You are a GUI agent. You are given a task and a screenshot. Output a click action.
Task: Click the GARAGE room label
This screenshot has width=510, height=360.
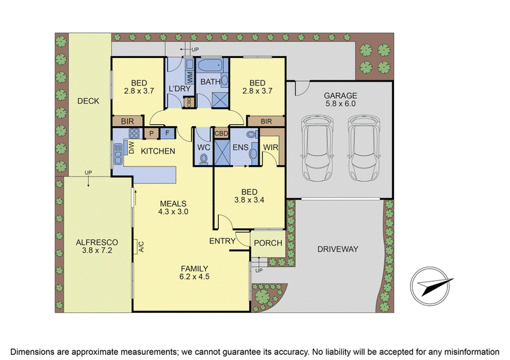(x=340, y=96)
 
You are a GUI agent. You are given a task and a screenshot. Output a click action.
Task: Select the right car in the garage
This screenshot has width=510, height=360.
(x=364, y=148)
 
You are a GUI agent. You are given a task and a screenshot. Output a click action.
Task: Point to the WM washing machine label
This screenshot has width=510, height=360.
(x=190, y=77)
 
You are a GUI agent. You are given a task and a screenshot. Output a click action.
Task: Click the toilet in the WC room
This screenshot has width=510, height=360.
(x=204, y=159)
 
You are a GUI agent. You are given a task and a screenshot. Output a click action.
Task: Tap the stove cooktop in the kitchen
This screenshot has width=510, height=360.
(x=134, y=133)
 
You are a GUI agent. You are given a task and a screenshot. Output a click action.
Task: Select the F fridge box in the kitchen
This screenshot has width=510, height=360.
(x=168, y=133)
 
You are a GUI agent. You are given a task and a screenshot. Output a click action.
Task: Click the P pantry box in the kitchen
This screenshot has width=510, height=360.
(x=152, y=133)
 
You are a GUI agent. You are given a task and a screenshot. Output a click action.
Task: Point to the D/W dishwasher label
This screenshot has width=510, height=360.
(x=132, y=148)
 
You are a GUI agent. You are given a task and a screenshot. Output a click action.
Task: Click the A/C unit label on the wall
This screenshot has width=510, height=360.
(x=141, y=246)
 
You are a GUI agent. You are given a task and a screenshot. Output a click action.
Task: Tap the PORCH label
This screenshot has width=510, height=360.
(x=268, y=243)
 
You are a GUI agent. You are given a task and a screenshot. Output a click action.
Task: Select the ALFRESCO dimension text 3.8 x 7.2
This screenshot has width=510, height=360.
(x=97, y=250)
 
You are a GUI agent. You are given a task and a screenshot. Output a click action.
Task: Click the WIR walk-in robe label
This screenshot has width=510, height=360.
(x=270, y=147)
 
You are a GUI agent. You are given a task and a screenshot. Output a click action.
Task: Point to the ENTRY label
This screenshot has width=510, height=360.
(x=222, y=241)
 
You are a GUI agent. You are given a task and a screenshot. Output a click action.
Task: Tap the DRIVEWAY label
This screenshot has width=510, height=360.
(x=338, y=249)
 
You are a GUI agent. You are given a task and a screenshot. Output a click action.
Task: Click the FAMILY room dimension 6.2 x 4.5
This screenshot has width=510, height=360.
(x=194, y=277)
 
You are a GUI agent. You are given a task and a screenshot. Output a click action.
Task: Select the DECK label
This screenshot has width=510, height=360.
(x=88, y=101)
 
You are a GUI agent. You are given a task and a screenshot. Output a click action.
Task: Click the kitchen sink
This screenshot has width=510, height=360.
(x=117, y=154)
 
